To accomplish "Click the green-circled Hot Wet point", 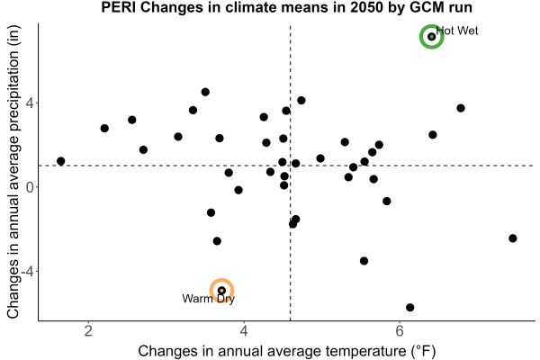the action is coord(431,37).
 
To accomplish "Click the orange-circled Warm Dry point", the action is coord(221,291).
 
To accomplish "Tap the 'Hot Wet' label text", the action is coord(457,31).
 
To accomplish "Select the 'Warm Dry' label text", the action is coord(209,299).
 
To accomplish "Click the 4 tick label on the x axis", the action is coord(244,331).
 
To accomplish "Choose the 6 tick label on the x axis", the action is coord(400,331).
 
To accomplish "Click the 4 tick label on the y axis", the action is coord(31,103).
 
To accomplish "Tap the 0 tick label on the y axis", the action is coord(31,187).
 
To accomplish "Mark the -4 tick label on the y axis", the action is coord(28,272).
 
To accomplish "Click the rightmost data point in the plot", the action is coord(513,238).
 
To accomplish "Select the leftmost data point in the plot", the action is coord(61,161).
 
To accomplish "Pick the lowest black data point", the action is coord(409,307).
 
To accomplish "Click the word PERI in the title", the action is coord(119,7).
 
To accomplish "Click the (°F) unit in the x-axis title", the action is coord(424,351).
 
